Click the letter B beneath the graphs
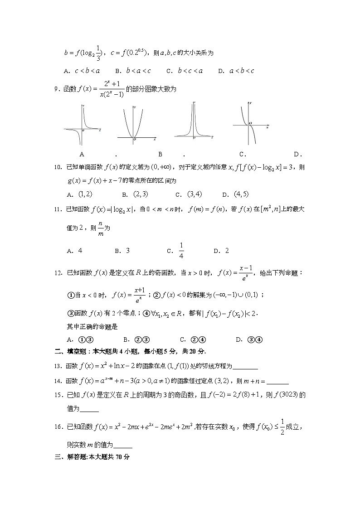(160, 154)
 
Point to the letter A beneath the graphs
(82, 154)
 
